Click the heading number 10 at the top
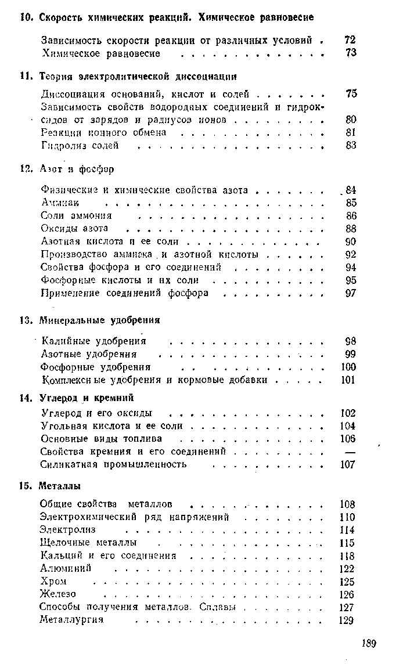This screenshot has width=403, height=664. (x=25, y=17)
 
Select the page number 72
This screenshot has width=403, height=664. (x=350, y=41)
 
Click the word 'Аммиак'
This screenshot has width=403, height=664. (x=60, y=203)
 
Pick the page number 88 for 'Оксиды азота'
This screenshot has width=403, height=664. (x=350, y=229)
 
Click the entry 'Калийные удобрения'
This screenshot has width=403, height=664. (x=94, y=341)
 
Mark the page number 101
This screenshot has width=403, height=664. (x=347, y=380)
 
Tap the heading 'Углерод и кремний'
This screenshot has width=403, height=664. (x=87, y=398)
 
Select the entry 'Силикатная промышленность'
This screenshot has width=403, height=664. (x=114, y=464)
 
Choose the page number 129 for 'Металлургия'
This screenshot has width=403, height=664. (x=346, y=620)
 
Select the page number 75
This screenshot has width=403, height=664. (x=350, y=93)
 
